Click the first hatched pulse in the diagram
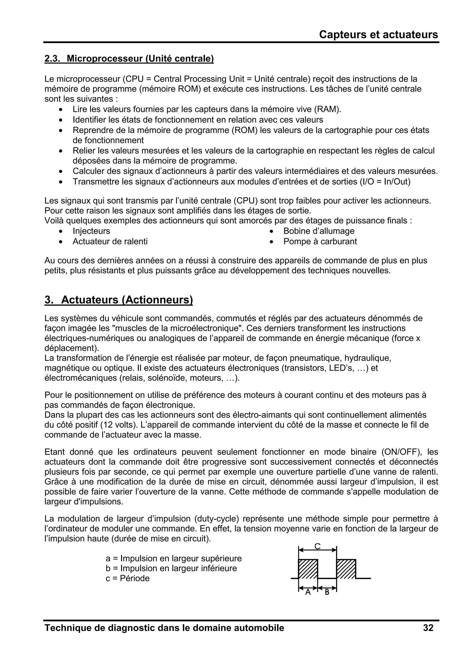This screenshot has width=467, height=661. point(308,569)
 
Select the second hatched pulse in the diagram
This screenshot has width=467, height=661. point(346,569)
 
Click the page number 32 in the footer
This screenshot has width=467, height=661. point(428,628)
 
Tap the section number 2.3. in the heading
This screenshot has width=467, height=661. point(52,58)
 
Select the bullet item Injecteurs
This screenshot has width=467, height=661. point(91,231)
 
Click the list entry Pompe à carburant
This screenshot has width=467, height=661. point(320,241)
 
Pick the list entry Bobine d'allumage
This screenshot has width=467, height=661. point(319,231)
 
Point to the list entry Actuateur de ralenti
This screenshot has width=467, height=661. point(110,241)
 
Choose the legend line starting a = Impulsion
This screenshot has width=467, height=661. point(174,558)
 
